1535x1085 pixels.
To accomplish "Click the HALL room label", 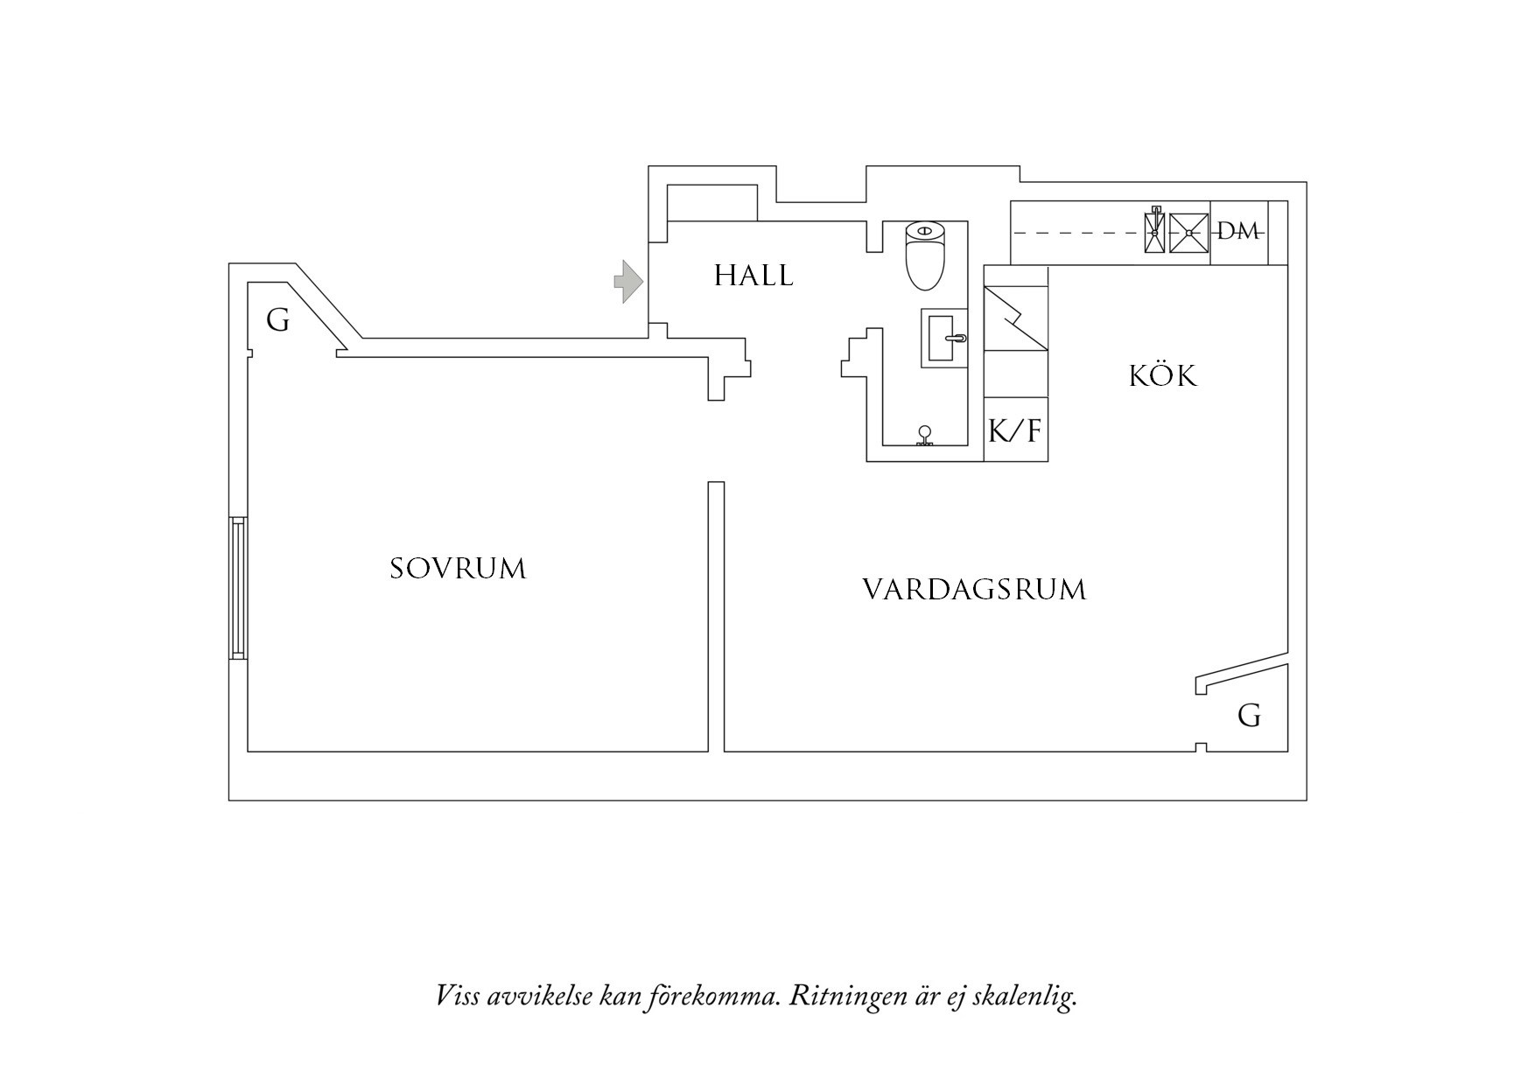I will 753,276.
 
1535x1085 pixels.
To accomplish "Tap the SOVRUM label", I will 458,569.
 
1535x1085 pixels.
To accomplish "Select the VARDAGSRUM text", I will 974,590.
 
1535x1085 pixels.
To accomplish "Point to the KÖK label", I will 1162,376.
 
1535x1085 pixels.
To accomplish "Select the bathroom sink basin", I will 944,337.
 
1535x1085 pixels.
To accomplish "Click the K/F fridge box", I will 1015,430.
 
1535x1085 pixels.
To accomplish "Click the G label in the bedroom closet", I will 277,321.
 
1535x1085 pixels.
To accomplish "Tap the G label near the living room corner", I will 1249,717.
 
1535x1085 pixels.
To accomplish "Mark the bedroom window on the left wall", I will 238,587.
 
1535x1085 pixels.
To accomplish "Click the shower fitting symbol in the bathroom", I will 924,436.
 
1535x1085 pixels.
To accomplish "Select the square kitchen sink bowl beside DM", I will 1188,232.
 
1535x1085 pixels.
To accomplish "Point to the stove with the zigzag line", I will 1015,319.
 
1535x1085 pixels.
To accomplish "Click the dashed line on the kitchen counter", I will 1076,233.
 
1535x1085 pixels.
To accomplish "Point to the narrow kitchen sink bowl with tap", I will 1155,231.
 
